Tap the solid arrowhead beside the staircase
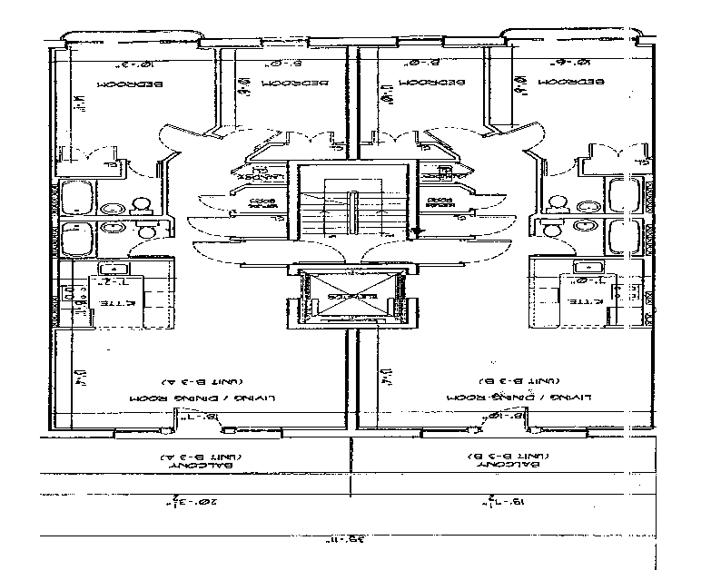[415, 232]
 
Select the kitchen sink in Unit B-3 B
[582, 268]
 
